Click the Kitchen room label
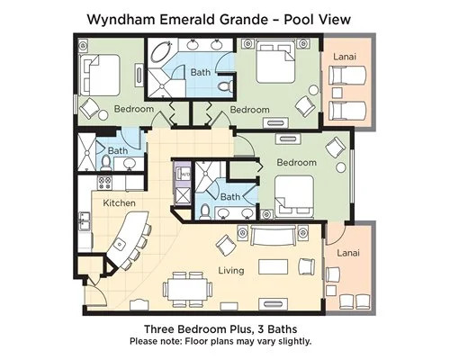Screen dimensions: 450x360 click(x=119, y=203)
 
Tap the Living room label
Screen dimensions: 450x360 click(x=231, y=271)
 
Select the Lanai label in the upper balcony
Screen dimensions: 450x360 click(x=345, y=57)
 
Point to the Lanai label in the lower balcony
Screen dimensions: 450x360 click(x=348, y=253)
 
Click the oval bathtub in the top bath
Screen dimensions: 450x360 click(x=161, y=52)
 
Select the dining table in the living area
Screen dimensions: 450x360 click(x=187, y=289)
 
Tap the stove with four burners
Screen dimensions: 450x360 click(x=104, y=183)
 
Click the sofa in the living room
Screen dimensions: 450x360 click(x=272, y=236)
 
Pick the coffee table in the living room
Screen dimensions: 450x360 click(x=274, y=266)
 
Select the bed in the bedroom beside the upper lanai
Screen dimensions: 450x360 click(x=274, y=62)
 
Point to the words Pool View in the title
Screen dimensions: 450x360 click(x=317, y=20)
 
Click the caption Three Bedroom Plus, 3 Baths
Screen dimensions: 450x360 click(x=220, y=329)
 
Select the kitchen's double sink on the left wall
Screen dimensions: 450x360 click(x=84, y=221)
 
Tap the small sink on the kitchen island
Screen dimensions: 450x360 click(x=120, y=244)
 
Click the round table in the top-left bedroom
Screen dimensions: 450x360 click(x=103, y=115)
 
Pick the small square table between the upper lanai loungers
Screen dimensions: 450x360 click(x=337, y=93)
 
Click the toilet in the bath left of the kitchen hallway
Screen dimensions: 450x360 click(x=105, y=163)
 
